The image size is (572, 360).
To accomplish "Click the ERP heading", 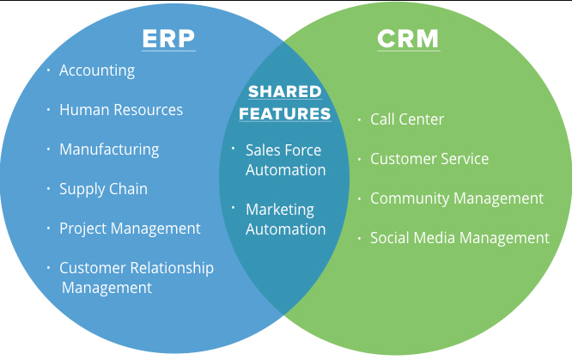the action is pos(168,39).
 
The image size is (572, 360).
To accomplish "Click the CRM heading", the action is pos(408,39).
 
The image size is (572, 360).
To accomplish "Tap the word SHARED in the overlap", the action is pos(285,92).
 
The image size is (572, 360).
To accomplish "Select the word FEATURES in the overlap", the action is pos(285,113).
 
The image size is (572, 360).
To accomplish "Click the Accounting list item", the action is pos(97,70).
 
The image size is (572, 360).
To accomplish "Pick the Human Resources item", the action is pos(121,110).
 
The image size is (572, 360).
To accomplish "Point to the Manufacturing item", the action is pos(109,149).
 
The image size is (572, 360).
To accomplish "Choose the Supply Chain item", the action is pos(104,189).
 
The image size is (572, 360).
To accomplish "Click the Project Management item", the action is pos(130,229).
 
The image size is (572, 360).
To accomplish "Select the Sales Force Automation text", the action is pos(286,160).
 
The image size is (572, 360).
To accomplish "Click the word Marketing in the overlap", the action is pos(280,210).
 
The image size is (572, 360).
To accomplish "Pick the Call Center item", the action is pos(407,119).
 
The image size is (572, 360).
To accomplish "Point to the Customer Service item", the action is pos(429,159).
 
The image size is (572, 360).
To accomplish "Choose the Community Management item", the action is pos(457,198).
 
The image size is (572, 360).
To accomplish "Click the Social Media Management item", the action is pos(459,238).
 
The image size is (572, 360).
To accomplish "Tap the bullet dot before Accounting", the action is pos(48,70).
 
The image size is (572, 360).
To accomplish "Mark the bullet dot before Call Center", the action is pos(359,119).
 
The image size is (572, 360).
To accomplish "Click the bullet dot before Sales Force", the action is pos(234,148).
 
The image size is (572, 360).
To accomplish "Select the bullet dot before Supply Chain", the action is pos(48,188).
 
